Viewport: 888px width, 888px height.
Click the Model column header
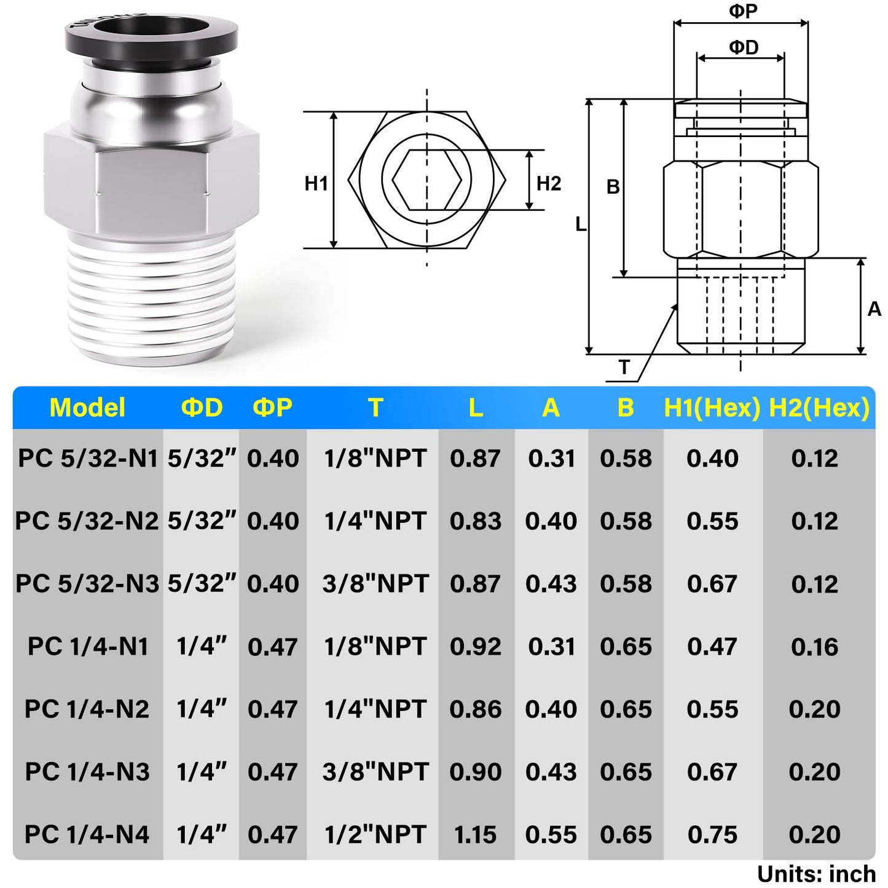[x=87, y=408]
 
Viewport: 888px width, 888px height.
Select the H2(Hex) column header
[x=819, y=408]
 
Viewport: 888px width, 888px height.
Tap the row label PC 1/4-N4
[x=87, y=835]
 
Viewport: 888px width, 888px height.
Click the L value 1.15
[x=476, y=835]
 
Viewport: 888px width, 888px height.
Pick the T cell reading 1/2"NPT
[x=375, y=835]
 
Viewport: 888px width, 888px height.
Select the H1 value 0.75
[x=712, y=835]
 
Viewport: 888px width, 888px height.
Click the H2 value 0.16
[x=814, y=646]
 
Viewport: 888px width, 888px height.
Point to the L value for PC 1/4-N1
[x=476, y=646]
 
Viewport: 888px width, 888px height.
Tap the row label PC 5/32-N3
[x=87, y=583]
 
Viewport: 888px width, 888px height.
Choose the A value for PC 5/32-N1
[x=551, y=458]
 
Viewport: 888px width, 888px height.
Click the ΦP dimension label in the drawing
[x=742, y=11]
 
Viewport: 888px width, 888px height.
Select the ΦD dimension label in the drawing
[x=743, y=47]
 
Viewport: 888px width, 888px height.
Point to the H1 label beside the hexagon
[x=316, y=183]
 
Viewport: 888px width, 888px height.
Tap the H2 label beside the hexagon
[x=548, y=183]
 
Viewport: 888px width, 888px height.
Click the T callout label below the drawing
[x=624, y=367]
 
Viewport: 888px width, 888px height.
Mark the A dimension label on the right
[x=874, y=309]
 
